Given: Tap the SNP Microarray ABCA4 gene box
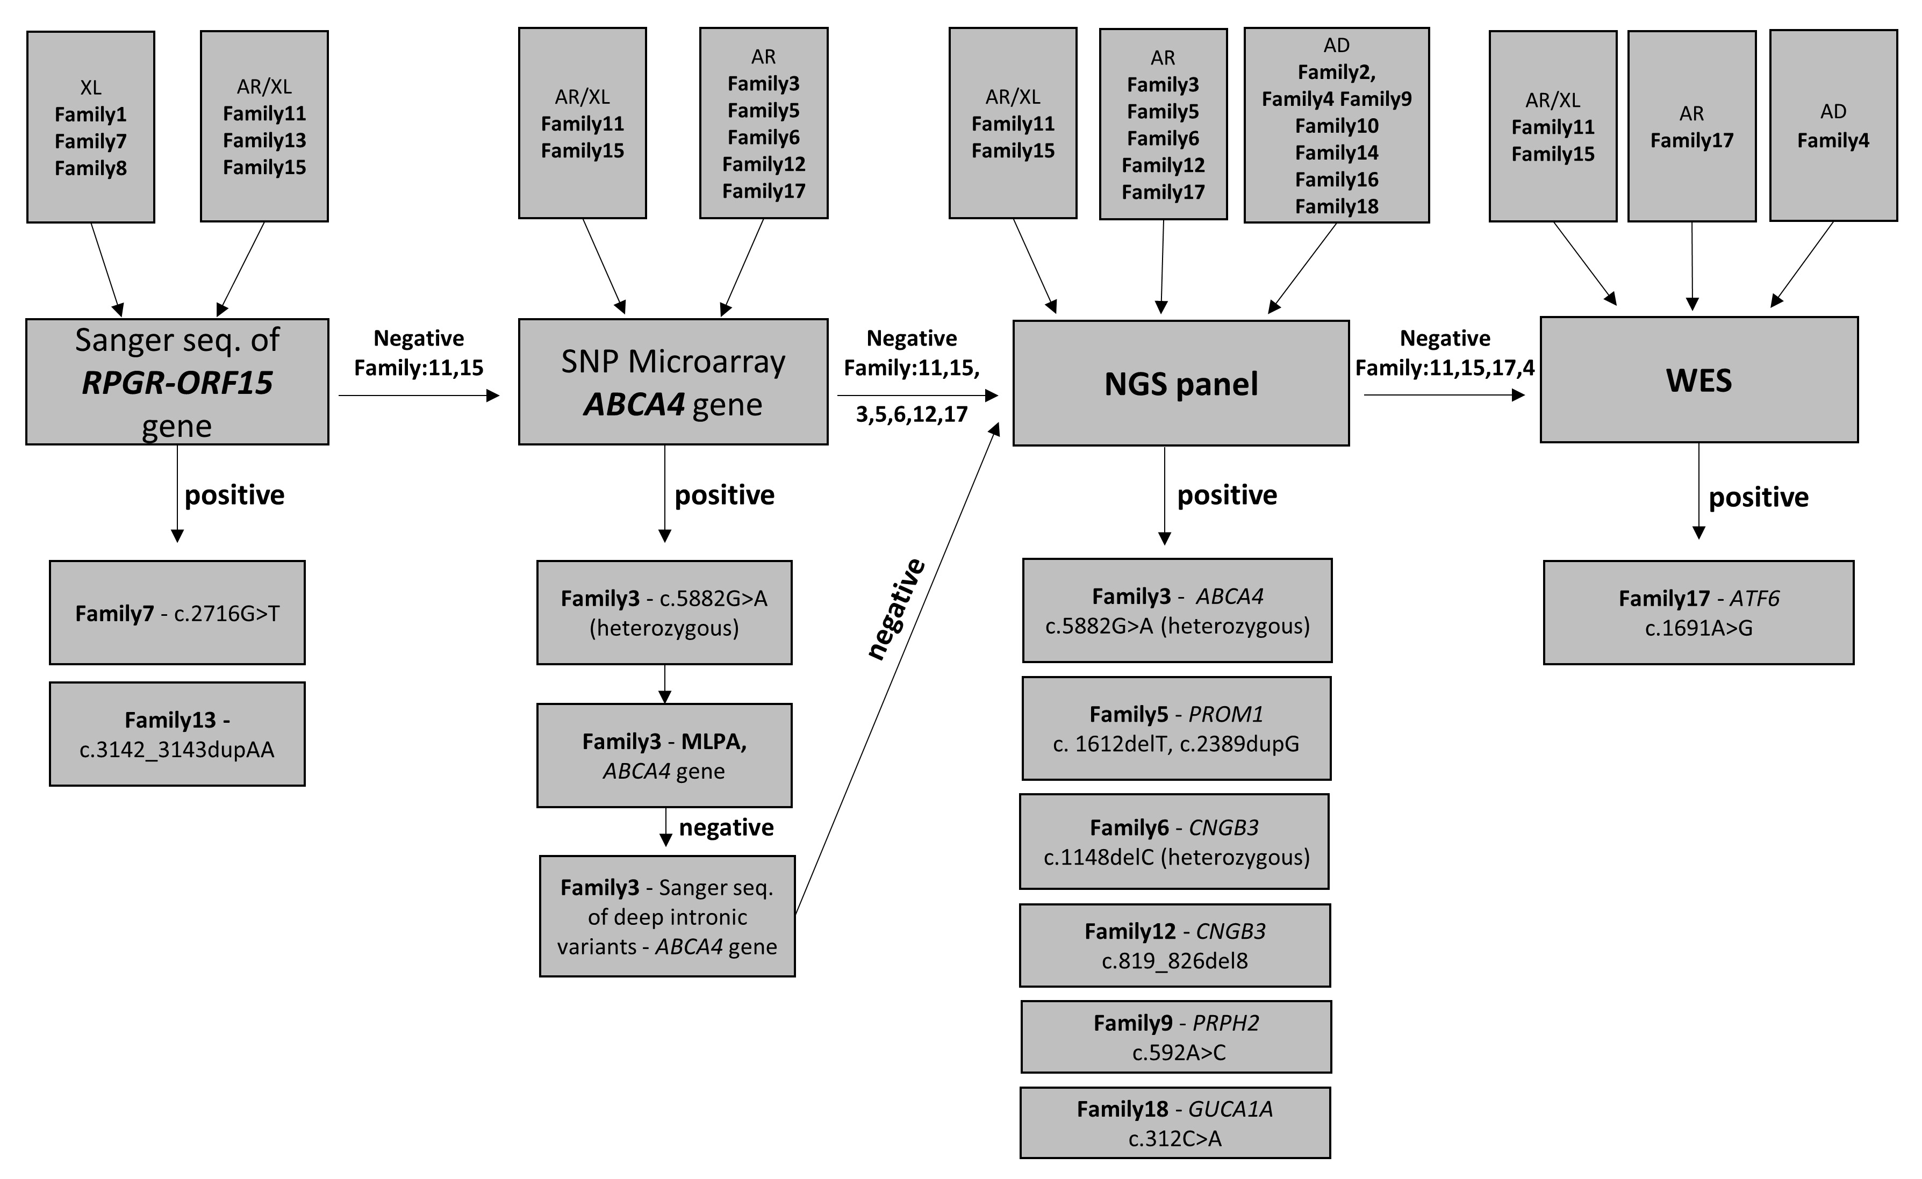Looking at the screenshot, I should point(672,382).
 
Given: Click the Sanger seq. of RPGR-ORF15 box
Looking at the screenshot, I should point(177,382).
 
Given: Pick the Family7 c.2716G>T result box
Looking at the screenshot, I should point(177,613).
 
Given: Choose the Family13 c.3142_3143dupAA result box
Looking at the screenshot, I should point(177,734).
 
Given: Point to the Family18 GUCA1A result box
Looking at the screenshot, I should point(1175,1123).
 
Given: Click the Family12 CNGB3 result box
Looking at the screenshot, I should point(1175,946).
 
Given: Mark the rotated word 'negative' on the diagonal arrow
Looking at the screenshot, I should point(897,609).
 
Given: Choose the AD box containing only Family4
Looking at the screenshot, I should point(1833,126).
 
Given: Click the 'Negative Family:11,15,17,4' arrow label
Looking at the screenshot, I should point(1445,353).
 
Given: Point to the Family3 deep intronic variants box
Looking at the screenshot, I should point(667,916).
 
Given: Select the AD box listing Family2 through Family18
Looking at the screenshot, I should point(1336,126).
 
